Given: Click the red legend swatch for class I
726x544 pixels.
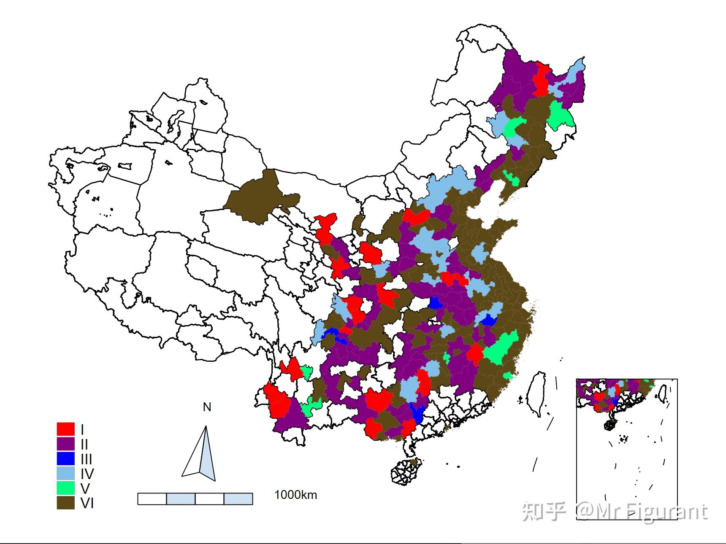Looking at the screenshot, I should click(65, 429).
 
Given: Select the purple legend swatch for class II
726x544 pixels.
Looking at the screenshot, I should click(65, 444).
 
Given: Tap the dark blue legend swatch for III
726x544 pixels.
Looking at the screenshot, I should click(65, 458).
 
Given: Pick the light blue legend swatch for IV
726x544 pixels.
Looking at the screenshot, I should click(65, 473).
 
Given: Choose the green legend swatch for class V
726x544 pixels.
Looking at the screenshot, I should click(65, 488).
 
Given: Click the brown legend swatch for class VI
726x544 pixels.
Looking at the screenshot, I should click(65, 503).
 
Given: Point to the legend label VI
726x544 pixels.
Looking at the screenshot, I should click(87, 503).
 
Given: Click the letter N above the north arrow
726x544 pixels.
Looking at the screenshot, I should click(207, 407).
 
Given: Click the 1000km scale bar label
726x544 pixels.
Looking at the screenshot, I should click(295, 495).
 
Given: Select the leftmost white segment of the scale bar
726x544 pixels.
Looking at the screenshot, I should click(152, 498).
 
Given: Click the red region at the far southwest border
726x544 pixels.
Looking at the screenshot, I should click(276, 401).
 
